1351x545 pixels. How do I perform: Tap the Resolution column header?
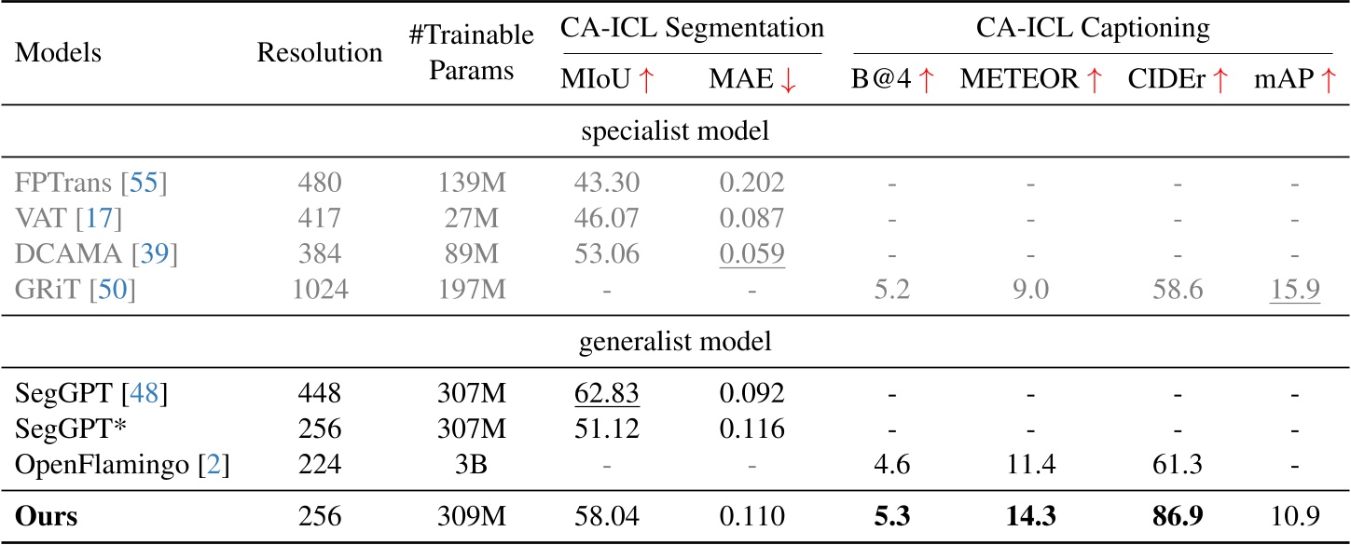tap(320, 52)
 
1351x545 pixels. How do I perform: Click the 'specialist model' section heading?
tap(675, 132)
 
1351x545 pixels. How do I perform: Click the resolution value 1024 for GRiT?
tap(320, 291)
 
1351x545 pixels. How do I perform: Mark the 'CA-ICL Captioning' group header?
tap(1093, 29)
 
